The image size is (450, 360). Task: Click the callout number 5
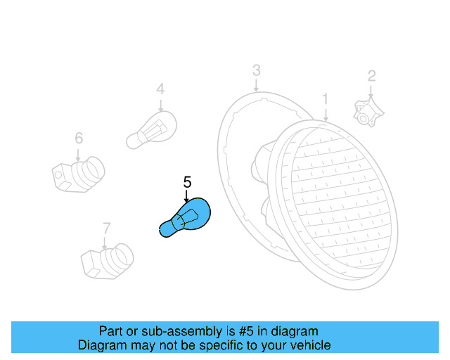click(187, 182)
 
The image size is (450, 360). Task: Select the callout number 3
click(257, 70)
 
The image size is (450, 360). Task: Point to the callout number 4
click(160, 89)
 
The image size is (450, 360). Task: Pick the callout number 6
click(79, 138)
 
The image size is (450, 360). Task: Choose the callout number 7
click(106, 228)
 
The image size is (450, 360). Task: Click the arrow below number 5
click(187, 197)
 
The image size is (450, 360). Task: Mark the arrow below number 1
click(326, 114)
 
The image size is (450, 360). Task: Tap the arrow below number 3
click(257, 84)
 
